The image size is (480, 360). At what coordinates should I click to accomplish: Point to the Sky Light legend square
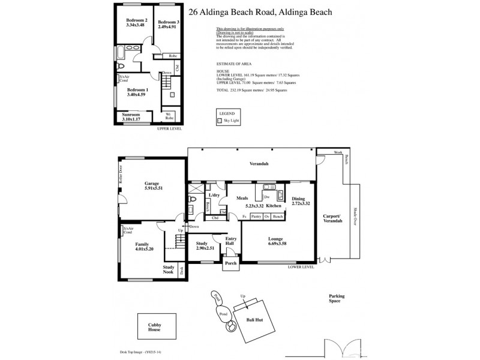[x=220, y=120]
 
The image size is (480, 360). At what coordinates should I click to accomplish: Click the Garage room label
[x=153, y=184]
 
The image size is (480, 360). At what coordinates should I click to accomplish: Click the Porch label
[x=230, y=263]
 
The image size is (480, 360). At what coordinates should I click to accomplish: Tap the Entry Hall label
[x=231, y=241]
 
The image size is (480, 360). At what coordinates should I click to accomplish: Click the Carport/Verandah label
[x=332, y=218]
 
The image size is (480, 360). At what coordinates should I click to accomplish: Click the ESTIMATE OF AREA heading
[x=233, y=62]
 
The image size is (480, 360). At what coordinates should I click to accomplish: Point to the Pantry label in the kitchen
[x=256, y=216]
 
